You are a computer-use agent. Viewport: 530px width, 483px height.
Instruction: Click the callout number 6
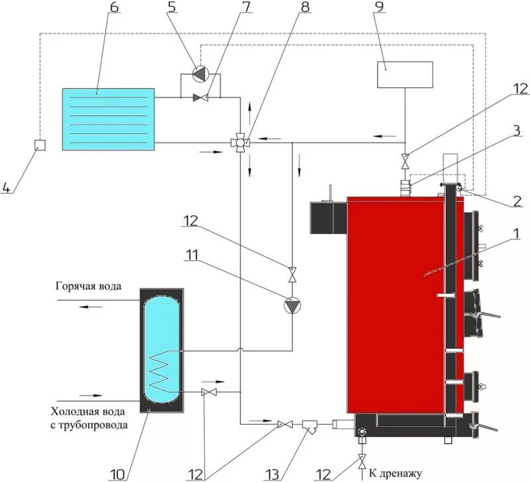[113, 8]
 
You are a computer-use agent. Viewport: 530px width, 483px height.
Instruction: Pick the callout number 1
[516, 233]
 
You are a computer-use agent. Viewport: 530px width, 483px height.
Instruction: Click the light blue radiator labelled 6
[108, 118]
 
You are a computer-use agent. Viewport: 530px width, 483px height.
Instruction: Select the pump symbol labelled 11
[291, 306]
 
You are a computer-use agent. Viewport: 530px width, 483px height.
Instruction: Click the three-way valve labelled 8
[240, 141]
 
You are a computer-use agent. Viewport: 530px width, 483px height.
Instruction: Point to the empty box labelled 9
[405, 74]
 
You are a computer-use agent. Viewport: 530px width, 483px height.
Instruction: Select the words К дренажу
[395, 473]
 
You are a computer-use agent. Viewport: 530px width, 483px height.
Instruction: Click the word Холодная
[74, 410]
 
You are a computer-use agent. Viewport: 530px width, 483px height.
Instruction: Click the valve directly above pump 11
[291, 272]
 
